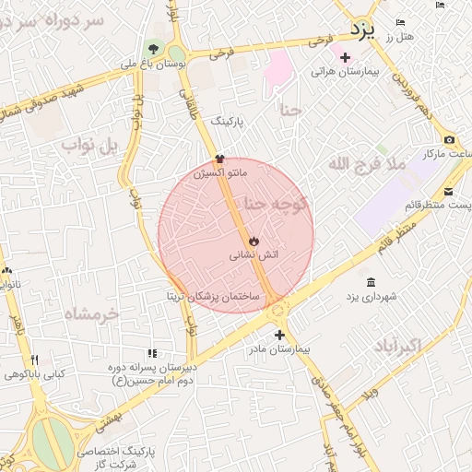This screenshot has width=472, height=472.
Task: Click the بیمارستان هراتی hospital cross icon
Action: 344,58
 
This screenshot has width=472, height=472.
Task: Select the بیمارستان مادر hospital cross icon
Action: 279,335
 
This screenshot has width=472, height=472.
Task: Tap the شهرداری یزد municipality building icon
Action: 371,282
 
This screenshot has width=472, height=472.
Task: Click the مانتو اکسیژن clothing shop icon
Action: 219,158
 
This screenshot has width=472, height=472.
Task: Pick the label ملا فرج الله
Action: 366,164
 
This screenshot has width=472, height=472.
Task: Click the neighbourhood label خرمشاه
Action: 91,314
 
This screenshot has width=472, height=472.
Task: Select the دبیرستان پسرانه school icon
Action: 152,353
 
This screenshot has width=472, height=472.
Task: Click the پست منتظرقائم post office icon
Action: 448,191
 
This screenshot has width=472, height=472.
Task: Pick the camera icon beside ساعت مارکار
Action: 449,139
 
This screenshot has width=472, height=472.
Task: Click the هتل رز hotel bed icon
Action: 399,22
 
